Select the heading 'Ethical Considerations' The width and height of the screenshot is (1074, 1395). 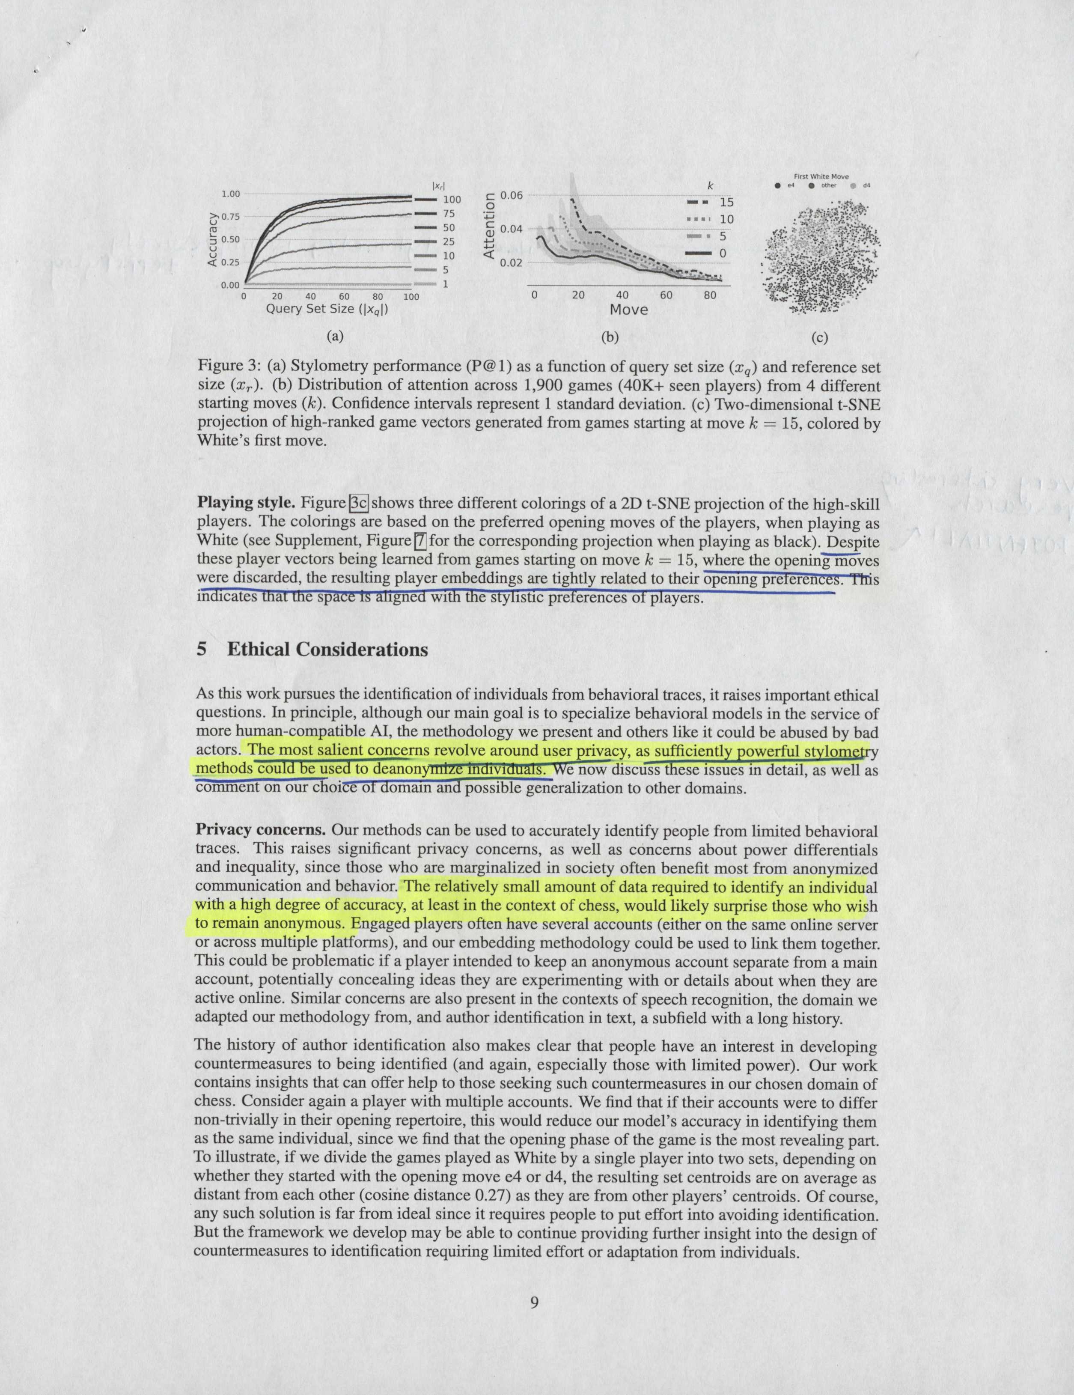[x=327, y=650]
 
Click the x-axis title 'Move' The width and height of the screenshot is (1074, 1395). [x=628, y=310]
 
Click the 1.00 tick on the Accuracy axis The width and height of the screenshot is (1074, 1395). [x=230, y=194]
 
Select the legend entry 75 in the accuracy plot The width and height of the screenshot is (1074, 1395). [x=448, y=214]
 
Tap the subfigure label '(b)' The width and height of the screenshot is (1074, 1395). [x=609, y=336]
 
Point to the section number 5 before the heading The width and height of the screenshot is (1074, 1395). [x=202, y=650]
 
